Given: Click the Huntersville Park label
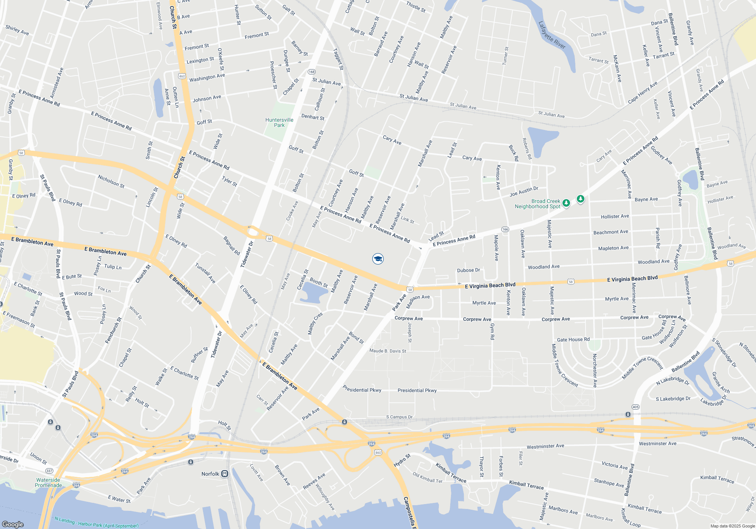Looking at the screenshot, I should (x=279, y=122).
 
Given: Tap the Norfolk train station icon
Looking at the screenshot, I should (x=225, y=474).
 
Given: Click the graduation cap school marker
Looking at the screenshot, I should (x=378, y=259).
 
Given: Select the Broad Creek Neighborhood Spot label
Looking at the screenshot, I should (x=538, y=204).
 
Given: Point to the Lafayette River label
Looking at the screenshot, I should (x=552, y=35).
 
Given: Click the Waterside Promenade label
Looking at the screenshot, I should (x=48, y=483).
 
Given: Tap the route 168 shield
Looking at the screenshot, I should (x=311, y=72).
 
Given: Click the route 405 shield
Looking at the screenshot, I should (x=635, y=407).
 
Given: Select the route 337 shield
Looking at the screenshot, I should (x=49, y=471).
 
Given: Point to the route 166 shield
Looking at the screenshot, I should (x=505, y=229).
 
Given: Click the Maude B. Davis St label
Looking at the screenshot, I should (x=387, y=351).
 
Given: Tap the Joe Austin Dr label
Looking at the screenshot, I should (x=524, y=192).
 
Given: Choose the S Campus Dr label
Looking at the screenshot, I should (x=399, y=417).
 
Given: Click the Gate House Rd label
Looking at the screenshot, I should (x=573, y=340).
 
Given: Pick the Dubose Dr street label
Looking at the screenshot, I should (x=468, y=270).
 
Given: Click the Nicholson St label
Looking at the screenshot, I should (x=111, y=181).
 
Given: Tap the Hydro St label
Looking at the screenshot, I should (x=402, y=461).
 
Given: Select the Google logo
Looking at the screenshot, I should (x=13, y=524).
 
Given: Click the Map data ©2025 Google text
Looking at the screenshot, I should (x=733, y=526).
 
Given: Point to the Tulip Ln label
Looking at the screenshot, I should (x=113, y=267).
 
